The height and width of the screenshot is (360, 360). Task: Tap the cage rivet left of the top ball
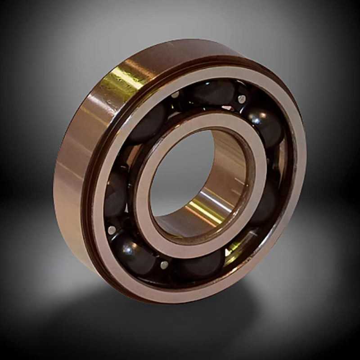click(175, 95)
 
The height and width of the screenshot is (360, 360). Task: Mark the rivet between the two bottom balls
click(164, 265)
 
